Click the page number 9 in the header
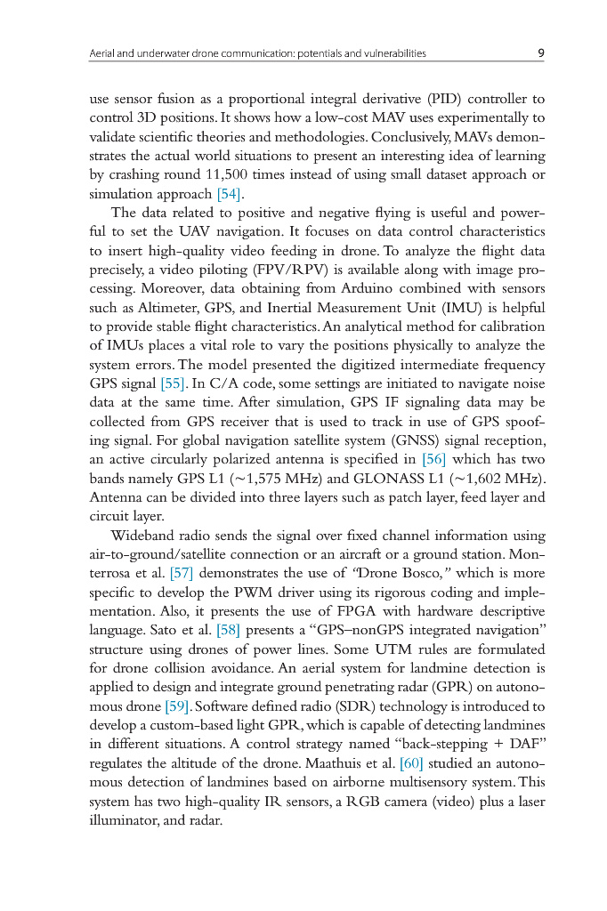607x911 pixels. (541, 53)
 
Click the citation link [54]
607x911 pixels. (230, 193)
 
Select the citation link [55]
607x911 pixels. (172, 384)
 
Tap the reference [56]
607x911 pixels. (433, 459)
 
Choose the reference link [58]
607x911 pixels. (229, 630)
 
